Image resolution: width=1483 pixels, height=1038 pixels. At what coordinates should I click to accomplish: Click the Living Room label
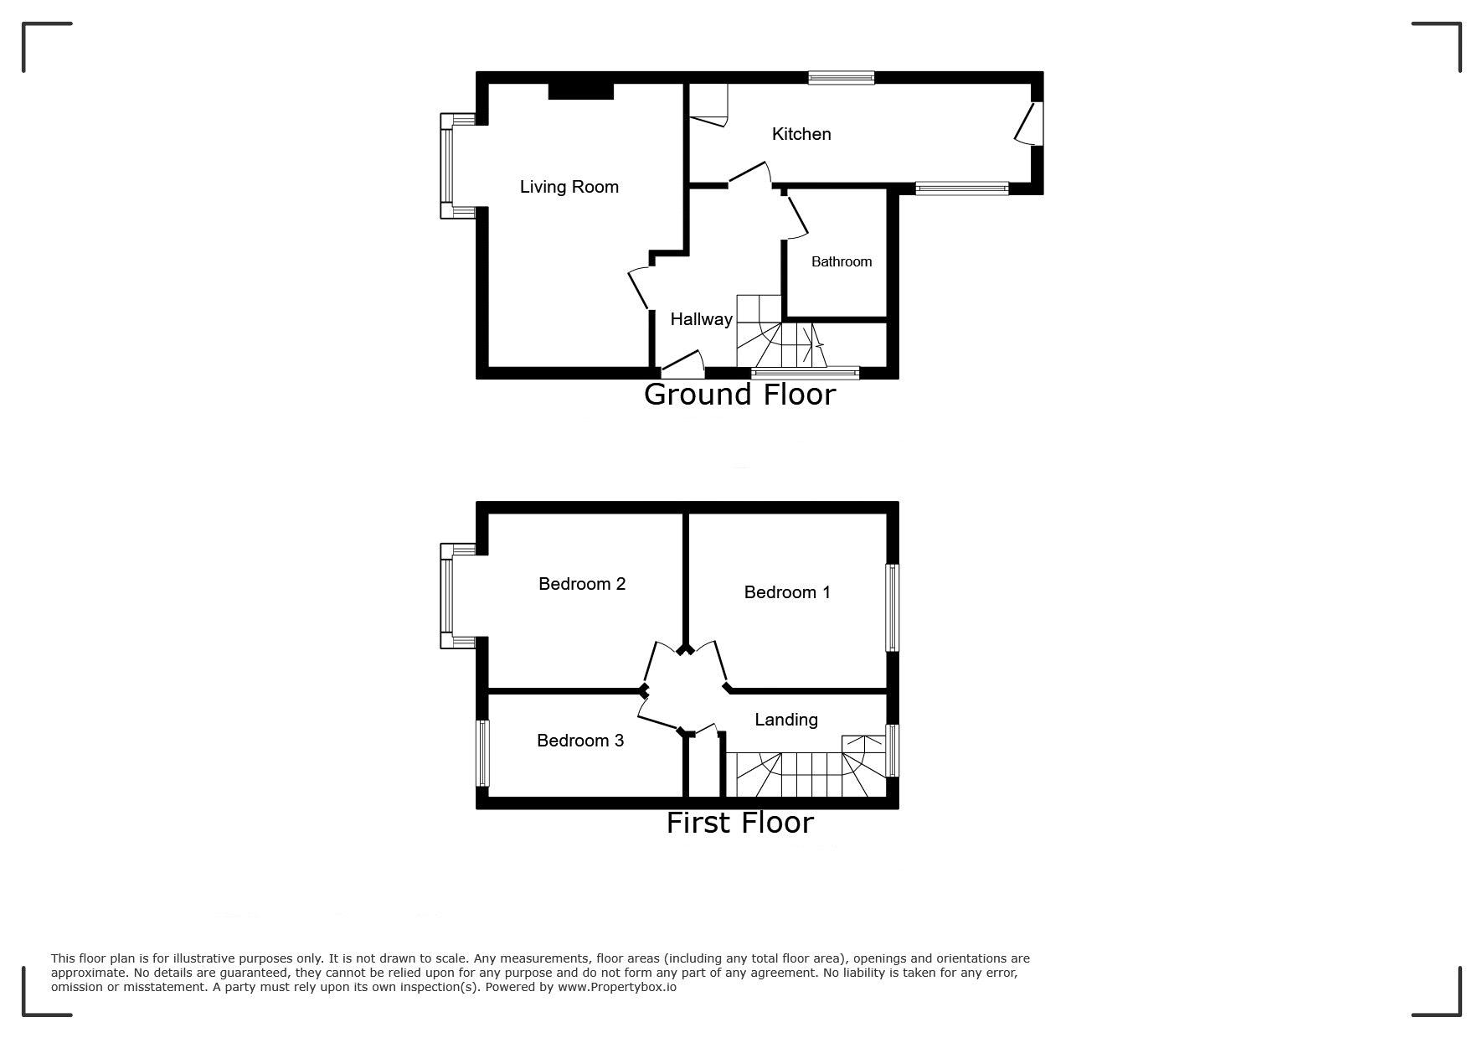pos(569,187)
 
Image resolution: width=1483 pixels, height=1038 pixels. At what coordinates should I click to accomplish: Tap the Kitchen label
pos(801,134)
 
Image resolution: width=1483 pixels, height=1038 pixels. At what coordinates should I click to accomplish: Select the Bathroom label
pos(842,261)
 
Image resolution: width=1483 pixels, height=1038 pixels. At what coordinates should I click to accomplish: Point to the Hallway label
pos(702,319)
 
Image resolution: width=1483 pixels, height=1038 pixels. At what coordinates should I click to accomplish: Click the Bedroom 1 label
pos(787,592)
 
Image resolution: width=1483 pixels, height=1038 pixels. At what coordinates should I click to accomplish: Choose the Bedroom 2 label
pos(582,584)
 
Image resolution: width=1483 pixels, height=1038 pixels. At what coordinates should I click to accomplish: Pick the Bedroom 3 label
pos(580,741)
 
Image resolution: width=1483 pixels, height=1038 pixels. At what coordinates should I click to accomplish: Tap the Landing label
pos(786,720)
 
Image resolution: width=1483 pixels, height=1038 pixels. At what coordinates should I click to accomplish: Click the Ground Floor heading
pos(740,395)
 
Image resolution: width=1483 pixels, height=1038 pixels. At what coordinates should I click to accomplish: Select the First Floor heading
pos(740,823)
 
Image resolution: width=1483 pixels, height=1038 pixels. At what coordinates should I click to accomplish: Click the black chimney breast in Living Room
pos(580,90)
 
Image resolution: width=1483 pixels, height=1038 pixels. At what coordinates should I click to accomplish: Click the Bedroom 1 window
pos(893,607)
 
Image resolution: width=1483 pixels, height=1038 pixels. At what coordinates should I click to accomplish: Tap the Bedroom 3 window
pos(482,753)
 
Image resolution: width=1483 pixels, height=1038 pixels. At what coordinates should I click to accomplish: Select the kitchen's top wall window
pos(842,78)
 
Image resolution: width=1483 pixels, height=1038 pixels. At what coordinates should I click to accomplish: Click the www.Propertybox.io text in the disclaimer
pos(617,987)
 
